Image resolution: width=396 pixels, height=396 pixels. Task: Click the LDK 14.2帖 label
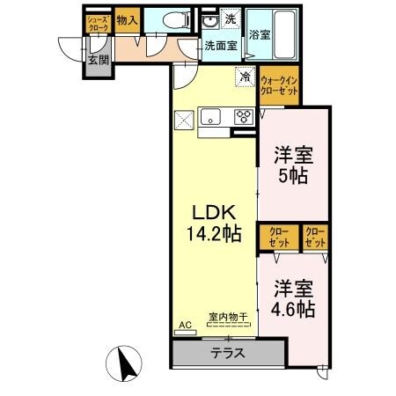(x=215, y=224)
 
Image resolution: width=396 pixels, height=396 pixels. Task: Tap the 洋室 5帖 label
(x=294, y=165)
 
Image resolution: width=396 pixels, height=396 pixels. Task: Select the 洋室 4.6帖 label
(x=292, y=298)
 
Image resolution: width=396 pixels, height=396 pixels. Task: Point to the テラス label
(x=228, y=355)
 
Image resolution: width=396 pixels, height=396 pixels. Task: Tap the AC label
(x=185, y=325)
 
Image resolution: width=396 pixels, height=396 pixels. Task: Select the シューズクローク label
(x=97, y=24)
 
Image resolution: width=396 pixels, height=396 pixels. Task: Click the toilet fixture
(x=172, y=19)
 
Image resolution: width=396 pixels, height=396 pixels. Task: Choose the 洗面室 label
(x=221, y=44)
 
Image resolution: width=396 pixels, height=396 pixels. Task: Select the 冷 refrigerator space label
(x=244, y=77)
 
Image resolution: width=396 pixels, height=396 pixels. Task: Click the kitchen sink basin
(x=212, y=115)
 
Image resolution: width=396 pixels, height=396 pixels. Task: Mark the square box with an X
(x=184, y=117)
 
